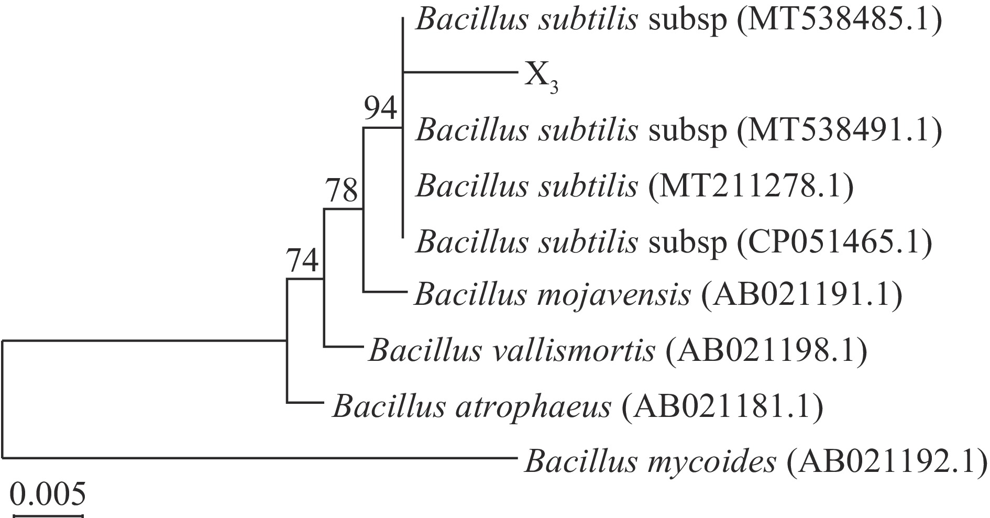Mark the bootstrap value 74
302,261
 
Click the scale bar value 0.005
48,493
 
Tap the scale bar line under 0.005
48,516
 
